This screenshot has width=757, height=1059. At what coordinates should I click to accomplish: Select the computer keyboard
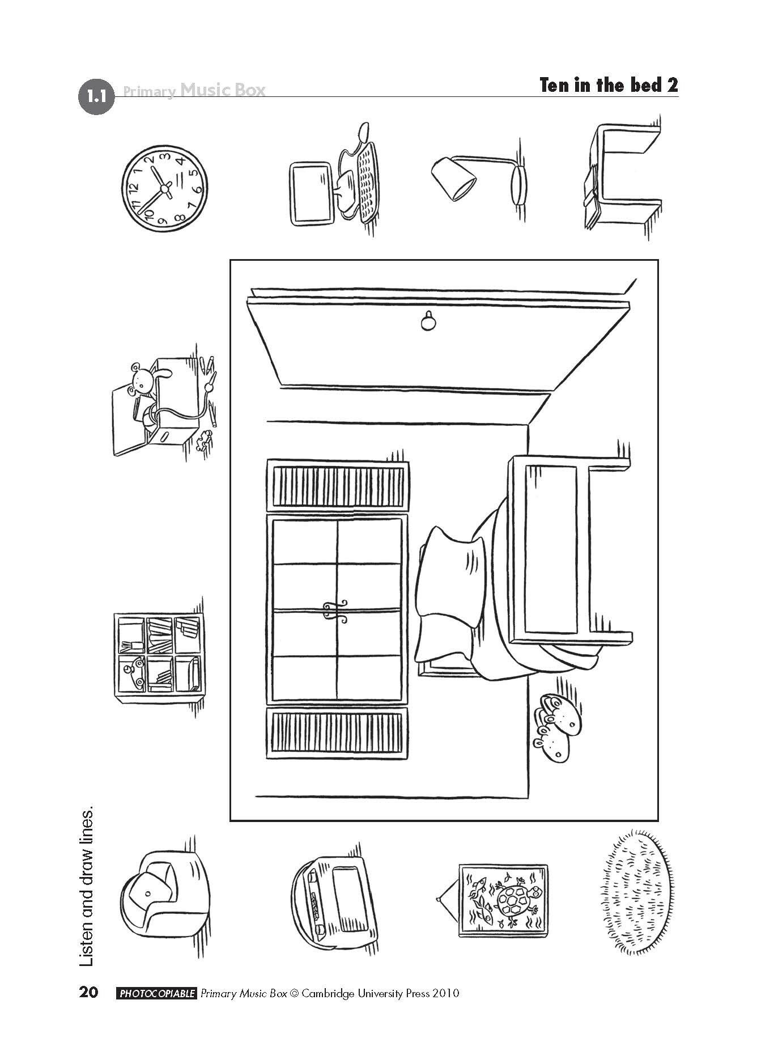pyautogui.click(x=368, y=181)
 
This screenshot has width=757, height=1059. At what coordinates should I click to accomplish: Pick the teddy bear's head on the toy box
pyautogui.click(x=141, y=379)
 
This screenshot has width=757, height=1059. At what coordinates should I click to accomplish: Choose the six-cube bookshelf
pyautogui.click(x=159, y=654)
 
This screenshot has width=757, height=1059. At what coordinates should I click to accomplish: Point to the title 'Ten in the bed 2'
pyautogui.click(x=609, y=85)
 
